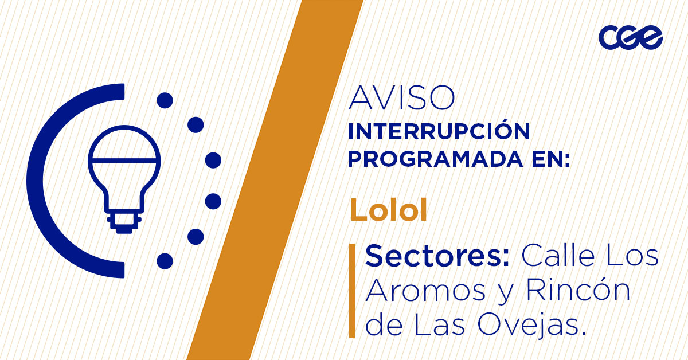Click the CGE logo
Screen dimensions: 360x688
coord(631,38)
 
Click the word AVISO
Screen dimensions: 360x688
coord(401,99)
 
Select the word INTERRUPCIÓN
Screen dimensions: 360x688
coord(439,132)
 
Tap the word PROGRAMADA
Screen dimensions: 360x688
coord(428,159)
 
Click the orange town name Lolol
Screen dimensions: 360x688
coord(389,211)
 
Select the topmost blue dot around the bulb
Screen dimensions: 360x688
coord(165,101)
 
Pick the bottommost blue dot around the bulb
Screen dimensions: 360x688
coord(165,261)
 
